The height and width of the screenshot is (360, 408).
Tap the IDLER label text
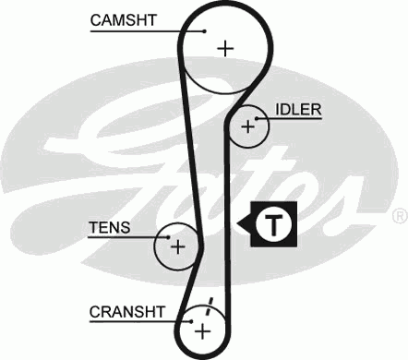coord(298,110)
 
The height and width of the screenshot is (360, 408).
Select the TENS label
coord(109,226)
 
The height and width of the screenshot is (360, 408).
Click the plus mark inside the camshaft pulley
coord(224,48)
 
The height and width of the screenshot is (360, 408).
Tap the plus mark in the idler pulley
coord(246,127)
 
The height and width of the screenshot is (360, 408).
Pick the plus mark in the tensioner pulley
coord(178,246)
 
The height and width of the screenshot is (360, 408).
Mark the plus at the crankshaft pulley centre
coord(202,330)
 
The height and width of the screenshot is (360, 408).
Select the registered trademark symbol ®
coord(399,216)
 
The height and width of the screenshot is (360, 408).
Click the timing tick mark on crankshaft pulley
coord(210,306)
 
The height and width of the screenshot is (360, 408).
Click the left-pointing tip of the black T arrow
coord(239,222)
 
